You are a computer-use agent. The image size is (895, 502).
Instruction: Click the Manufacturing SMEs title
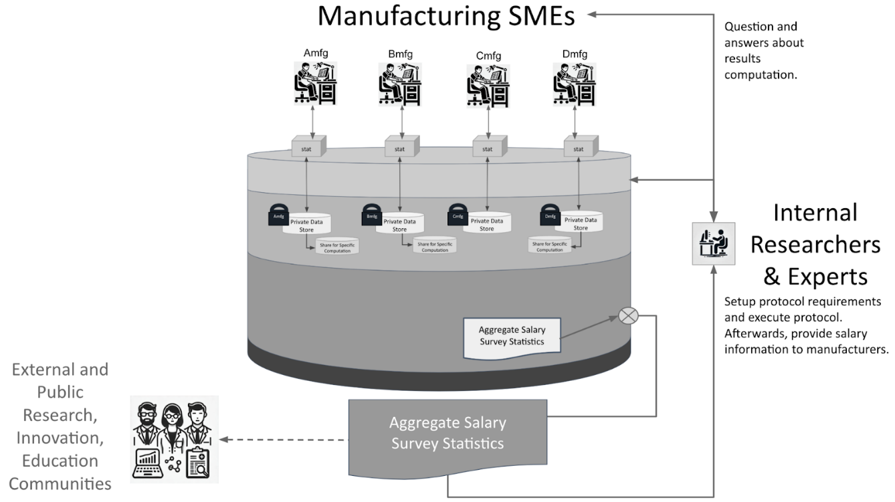pos(445,16)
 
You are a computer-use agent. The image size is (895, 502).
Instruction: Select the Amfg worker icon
pos(316,84)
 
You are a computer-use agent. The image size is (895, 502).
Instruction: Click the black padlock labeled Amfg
pos(278,216)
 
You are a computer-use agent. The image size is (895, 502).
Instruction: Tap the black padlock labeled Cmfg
pos(458,216)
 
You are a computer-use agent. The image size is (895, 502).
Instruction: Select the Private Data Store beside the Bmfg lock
pos(399,224)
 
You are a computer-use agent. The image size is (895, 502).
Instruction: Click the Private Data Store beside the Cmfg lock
pos(487,224)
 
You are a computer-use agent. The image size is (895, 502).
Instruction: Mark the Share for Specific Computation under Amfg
pos(337,246)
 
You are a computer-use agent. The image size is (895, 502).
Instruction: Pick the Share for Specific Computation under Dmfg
pos(550,246)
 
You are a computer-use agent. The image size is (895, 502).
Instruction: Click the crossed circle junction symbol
pos(627,315)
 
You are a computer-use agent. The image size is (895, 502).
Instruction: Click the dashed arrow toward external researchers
pos(285,440)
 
